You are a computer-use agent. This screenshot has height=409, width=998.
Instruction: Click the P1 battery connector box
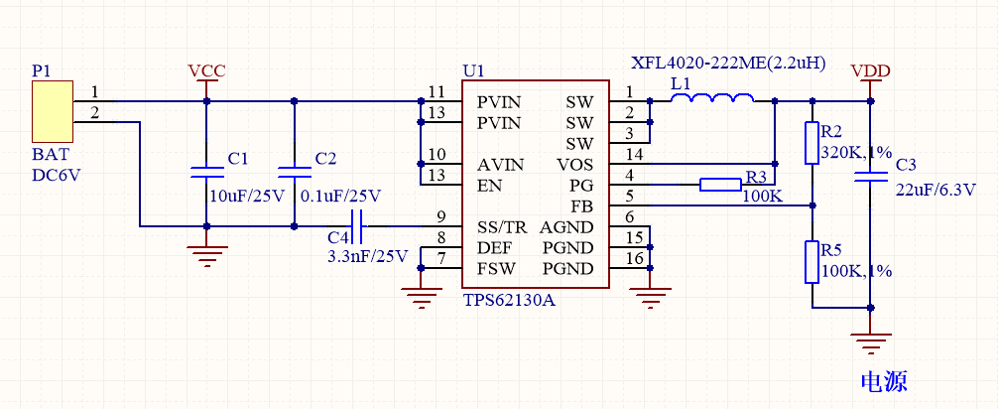tap(51, 112)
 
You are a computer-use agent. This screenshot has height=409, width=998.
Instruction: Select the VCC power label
tap(206, 71)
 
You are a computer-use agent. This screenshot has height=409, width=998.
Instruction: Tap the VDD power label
tap(870, 71)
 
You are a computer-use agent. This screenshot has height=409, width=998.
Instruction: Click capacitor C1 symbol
tap(206, 172)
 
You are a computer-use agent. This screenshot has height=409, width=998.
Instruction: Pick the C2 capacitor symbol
tap(294, 172)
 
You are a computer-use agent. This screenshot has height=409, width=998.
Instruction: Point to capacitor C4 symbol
tap(358, 226)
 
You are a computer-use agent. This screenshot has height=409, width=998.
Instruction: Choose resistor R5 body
tap(812, 262)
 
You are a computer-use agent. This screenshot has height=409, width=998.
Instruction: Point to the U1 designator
tap(474, 71)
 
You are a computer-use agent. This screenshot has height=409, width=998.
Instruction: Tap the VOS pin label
tap(575, 163)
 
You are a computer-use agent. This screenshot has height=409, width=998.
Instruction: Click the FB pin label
tap(582, 205)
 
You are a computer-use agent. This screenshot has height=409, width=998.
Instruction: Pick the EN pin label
tap(488, 184)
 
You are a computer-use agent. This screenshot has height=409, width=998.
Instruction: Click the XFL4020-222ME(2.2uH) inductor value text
tap(729, 63)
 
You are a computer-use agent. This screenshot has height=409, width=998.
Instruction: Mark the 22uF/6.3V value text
tap(936, 190)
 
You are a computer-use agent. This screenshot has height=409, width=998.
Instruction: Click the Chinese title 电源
tap(884, 381)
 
